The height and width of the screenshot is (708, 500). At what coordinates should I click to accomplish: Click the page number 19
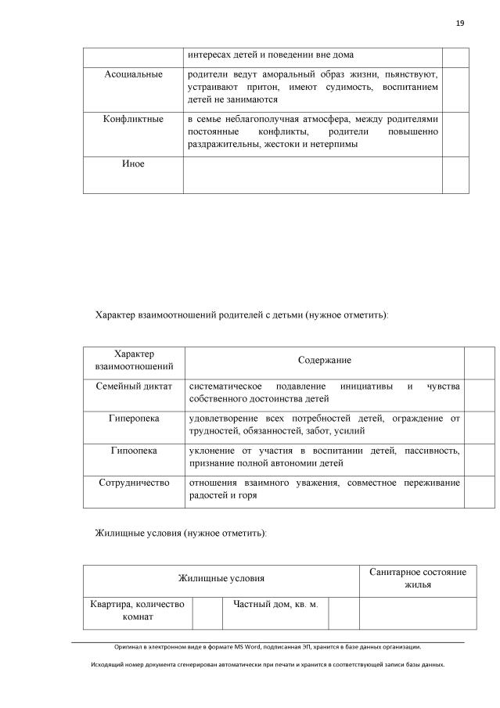click(460, 23)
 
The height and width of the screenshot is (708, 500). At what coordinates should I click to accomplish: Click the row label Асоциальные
click(133, 74)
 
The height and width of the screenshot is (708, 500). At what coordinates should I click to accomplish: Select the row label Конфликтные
click(133, 119)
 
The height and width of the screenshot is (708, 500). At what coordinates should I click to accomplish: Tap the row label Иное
click(133, 164)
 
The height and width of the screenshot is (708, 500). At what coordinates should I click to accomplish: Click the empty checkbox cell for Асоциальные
click(455, 88)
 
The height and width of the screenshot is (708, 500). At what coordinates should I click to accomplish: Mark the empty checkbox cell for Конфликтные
click(455, 132)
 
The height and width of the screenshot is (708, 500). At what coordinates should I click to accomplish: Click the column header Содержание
click(324, 360)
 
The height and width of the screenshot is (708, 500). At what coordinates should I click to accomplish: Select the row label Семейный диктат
click(133, 386)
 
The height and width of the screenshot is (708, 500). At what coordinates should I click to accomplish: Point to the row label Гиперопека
click(133, 419)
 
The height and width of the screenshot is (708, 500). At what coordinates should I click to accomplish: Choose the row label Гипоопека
click(133, 451)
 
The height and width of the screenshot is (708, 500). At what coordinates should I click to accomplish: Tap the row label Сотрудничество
click(133, 483)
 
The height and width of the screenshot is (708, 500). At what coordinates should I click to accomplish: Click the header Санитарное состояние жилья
click(417, 578)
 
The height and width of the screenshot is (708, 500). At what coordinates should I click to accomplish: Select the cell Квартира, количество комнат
click(137, 610)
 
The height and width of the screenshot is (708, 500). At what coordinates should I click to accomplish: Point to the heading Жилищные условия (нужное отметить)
click(181, 532)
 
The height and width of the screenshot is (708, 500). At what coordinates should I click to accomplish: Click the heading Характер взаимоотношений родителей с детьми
click(241, 315)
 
